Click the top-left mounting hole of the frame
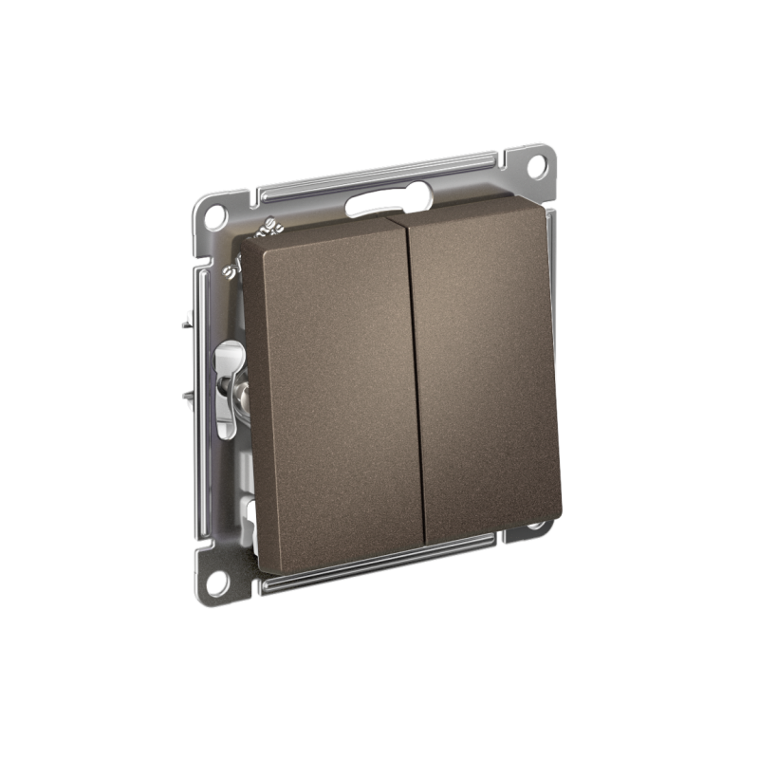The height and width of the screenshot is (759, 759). click(x=215, y=214)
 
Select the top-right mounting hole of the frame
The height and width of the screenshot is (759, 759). click(x=536, y=165)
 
